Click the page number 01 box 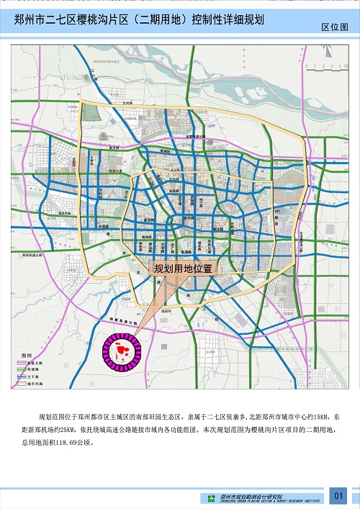coord(339,495)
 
